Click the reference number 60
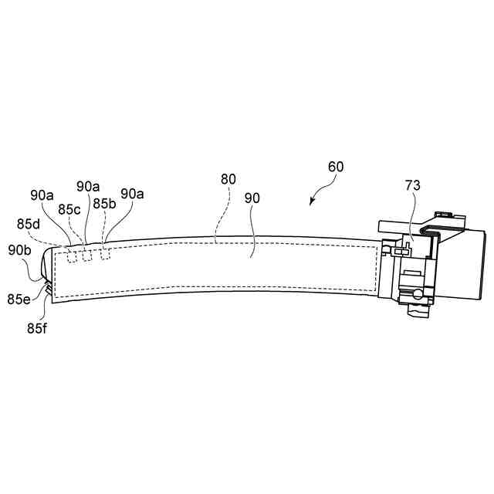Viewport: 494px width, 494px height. (x=336, y=167)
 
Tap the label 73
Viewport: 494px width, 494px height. (x=414, y=184)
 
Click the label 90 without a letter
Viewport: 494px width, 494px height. (x=252, y=198)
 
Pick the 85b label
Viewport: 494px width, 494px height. (x=103, y=204)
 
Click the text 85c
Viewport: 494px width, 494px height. (x=69, y=209)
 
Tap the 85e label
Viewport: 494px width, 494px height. (x=19, y=298)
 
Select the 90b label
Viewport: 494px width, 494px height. (x=19, y=249)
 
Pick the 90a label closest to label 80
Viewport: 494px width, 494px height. (x=132, y=194)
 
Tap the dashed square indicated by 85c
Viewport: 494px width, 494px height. (x=87, y=255)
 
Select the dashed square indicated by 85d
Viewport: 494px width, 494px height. (x=71, y=256)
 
